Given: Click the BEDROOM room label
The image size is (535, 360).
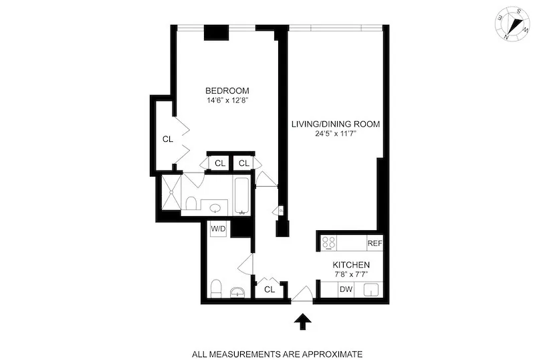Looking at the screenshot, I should point(227,91).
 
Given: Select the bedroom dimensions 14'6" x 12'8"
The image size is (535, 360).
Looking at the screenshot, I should point(227,101).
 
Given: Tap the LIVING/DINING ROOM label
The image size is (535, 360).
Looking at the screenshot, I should point(335,123).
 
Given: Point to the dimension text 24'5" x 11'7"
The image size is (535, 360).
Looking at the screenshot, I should point(335,133).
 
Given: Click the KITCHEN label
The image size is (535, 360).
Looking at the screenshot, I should point(352,265).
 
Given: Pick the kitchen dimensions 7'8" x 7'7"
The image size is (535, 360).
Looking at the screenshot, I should point(352,275).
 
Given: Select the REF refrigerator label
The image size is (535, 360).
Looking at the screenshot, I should point(374,243).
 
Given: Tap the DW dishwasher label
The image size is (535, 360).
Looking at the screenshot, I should point(346,289).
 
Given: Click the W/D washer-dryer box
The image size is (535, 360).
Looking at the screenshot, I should point(219,229).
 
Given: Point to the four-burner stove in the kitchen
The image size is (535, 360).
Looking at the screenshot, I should point(330,243).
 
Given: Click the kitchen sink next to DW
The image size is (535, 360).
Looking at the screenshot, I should point(372,290).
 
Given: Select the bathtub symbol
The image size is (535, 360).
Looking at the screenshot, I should point(241,195).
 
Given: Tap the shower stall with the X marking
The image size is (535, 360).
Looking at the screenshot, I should point(169,194).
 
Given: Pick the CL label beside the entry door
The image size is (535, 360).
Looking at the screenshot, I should point(270,290).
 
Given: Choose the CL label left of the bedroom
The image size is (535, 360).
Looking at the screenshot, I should point(168,139).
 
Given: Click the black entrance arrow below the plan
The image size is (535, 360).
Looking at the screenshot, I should point(303,323).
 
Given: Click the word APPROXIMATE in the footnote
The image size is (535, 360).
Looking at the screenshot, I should point(331,353).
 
